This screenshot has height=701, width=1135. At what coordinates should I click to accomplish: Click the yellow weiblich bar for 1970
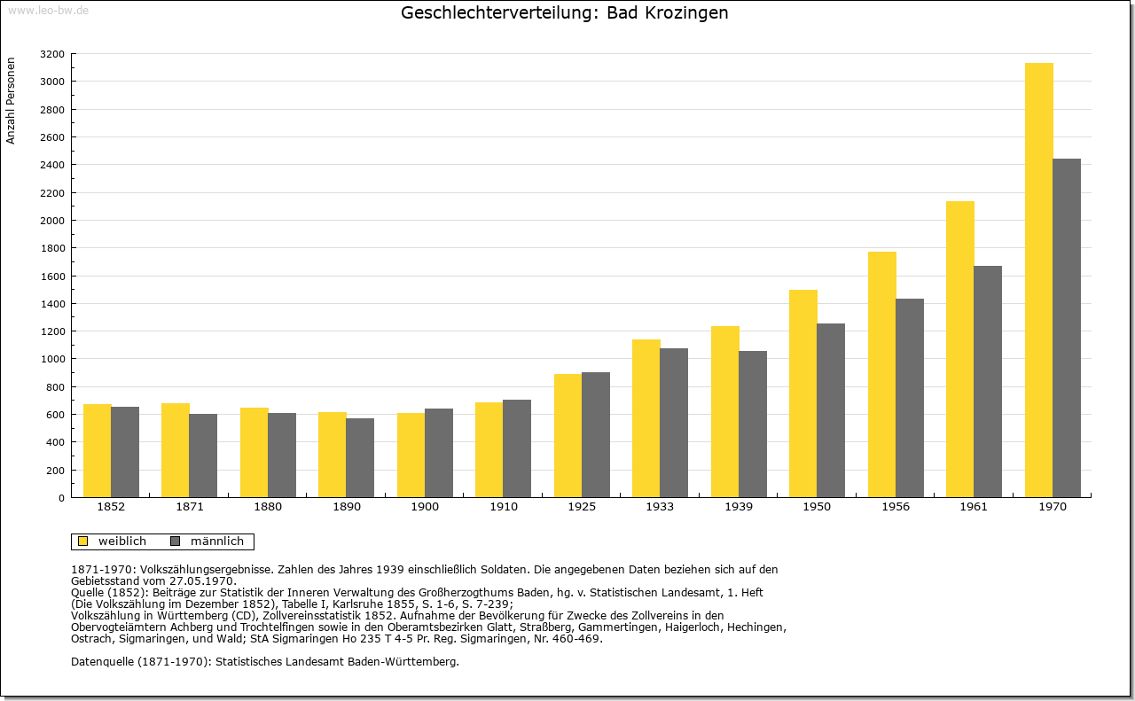pos(1038,280)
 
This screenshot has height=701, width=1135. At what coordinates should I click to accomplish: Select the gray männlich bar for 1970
pos(1067,328)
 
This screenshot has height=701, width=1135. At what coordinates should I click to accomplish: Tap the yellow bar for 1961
pos(960,349)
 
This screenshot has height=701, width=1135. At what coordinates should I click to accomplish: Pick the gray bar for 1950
pos(831,410)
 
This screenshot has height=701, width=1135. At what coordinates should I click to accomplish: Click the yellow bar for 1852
pos(98,451)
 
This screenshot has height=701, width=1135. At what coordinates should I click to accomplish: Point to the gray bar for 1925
pos(596,435)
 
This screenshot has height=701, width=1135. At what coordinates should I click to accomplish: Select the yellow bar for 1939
pos(725,412)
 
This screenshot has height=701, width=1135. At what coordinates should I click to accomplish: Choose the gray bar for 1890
pos(360,458)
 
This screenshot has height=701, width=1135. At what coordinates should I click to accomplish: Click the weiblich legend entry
pos(112,541)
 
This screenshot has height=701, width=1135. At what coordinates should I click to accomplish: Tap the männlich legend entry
pos(207,541)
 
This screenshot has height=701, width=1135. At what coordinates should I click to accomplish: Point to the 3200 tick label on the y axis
pos(52,54)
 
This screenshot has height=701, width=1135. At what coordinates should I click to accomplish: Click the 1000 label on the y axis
pos(52,359)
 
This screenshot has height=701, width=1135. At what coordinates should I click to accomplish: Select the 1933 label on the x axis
pos(660,507)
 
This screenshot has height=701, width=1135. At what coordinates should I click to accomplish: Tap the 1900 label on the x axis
pos(425,507)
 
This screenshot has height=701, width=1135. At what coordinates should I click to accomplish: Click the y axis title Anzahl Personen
pos(11,101)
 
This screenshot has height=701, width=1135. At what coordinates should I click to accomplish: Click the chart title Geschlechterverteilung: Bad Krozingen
pos(565,12)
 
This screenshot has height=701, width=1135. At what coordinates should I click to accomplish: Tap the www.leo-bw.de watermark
pos(48,10)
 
